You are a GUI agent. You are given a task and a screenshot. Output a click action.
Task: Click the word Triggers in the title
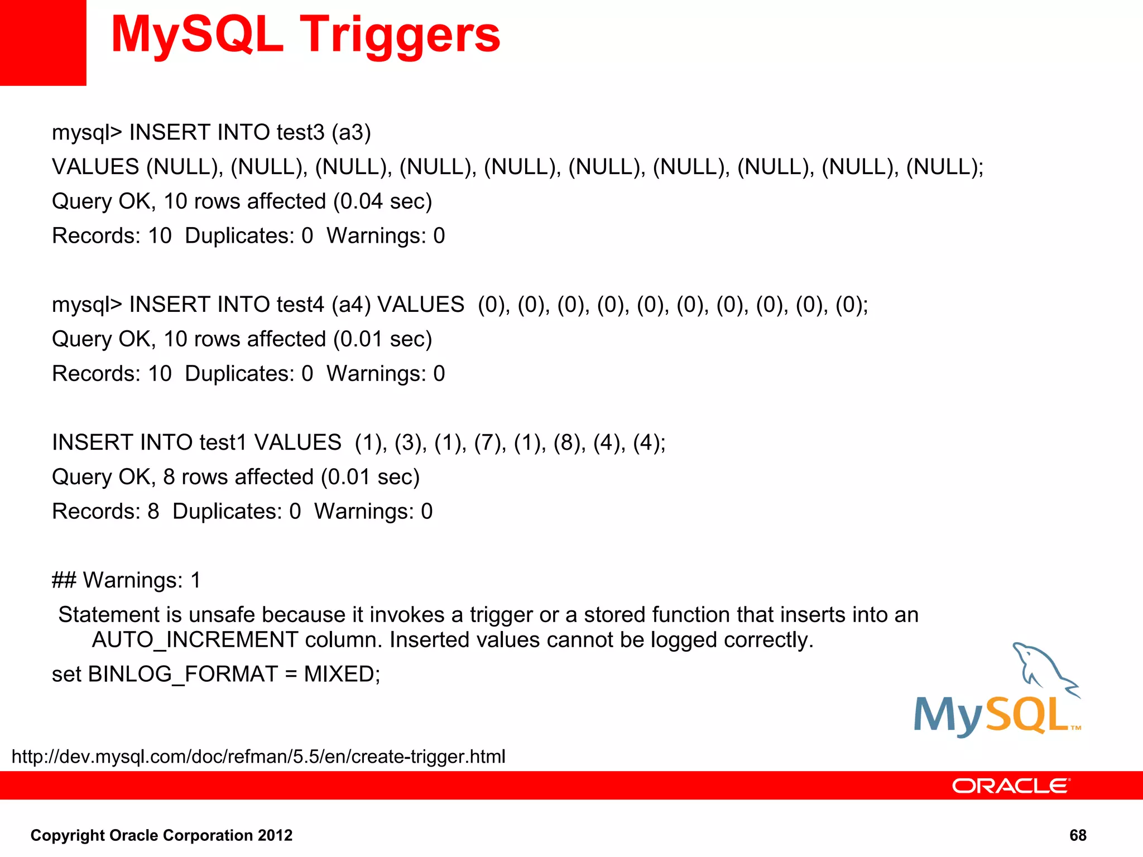[400, 35]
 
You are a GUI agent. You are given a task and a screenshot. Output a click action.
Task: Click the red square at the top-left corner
[43, 42]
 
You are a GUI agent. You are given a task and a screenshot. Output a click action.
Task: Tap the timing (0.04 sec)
[382, 201]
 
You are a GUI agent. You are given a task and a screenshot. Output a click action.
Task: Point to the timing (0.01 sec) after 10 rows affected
[382, 339]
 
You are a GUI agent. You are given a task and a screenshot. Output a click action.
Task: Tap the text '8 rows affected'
[238, 477]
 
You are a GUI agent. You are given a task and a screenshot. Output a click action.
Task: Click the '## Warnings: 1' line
[126, 580]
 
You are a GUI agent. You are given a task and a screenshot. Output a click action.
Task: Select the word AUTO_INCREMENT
[195, 640]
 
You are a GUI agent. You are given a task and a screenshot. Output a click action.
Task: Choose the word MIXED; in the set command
[342, 675]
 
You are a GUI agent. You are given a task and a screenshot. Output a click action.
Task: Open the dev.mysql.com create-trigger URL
[258, 757]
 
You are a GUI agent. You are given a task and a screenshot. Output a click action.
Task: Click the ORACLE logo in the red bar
[1011, 786]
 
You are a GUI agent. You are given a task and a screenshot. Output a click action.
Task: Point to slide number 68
[1077, 835]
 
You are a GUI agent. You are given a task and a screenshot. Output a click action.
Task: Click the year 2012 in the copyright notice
[275, 835]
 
